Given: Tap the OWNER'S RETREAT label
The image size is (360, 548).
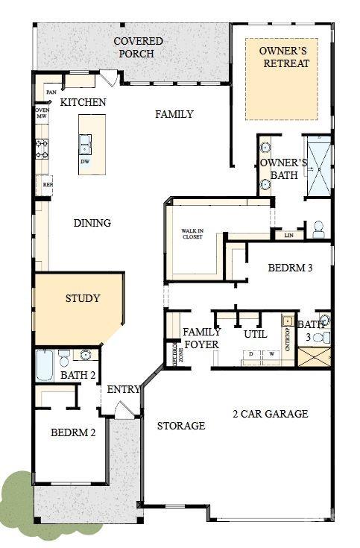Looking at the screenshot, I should (282, 57).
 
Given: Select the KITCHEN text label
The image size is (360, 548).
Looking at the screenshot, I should (83, 102).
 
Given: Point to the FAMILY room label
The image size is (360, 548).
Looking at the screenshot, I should (174, 114).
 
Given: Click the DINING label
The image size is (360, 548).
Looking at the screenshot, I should (92, 223).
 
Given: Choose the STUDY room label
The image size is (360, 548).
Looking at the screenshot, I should (82, 298).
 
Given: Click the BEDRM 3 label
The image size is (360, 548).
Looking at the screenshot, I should (290, 268).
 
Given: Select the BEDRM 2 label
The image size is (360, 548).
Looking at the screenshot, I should (73, 432).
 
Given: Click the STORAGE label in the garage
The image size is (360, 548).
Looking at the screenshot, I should (180, 426).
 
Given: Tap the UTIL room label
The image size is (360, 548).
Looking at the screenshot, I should (255, 335).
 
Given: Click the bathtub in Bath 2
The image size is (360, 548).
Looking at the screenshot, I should (45, 365).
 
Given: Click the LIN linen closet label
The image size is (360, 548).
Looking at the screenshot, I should (288, 236).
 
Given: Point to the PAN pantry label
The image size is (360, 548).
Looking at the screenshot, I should (51, 92).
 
